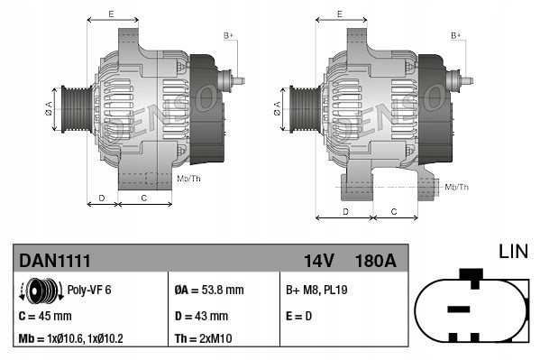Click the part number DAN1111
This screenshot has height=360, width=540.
pyautogui.click(x=54, y=262)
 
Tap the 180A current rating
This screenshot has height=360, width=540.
pyautogui.click(x=377, y=262)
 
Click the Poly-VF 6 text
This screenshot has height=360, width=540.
pyautogui.click(x=90, y=291)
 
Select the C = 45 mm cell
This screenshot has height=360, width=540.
pyautogui.click(x=46, y=316)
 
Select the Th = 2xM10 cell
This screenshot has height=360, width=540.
pyautogui.click(x=215, y=339)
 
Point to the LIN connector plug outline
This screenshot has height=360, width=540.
pyautogui.click(x=470, y=309)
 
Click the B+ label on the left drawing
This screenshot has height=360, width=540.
pyautogui.click(x=228, y=34)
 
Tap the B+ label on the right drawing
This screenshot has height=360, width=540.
pyautogui.click(x=456, y=34)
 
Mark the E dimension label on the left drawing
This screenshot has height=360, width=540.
pyautogui.click(x=110, y=14)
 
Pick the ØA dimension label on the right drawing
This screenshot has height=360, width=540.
pyautogui.click(x=277, y=109)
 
